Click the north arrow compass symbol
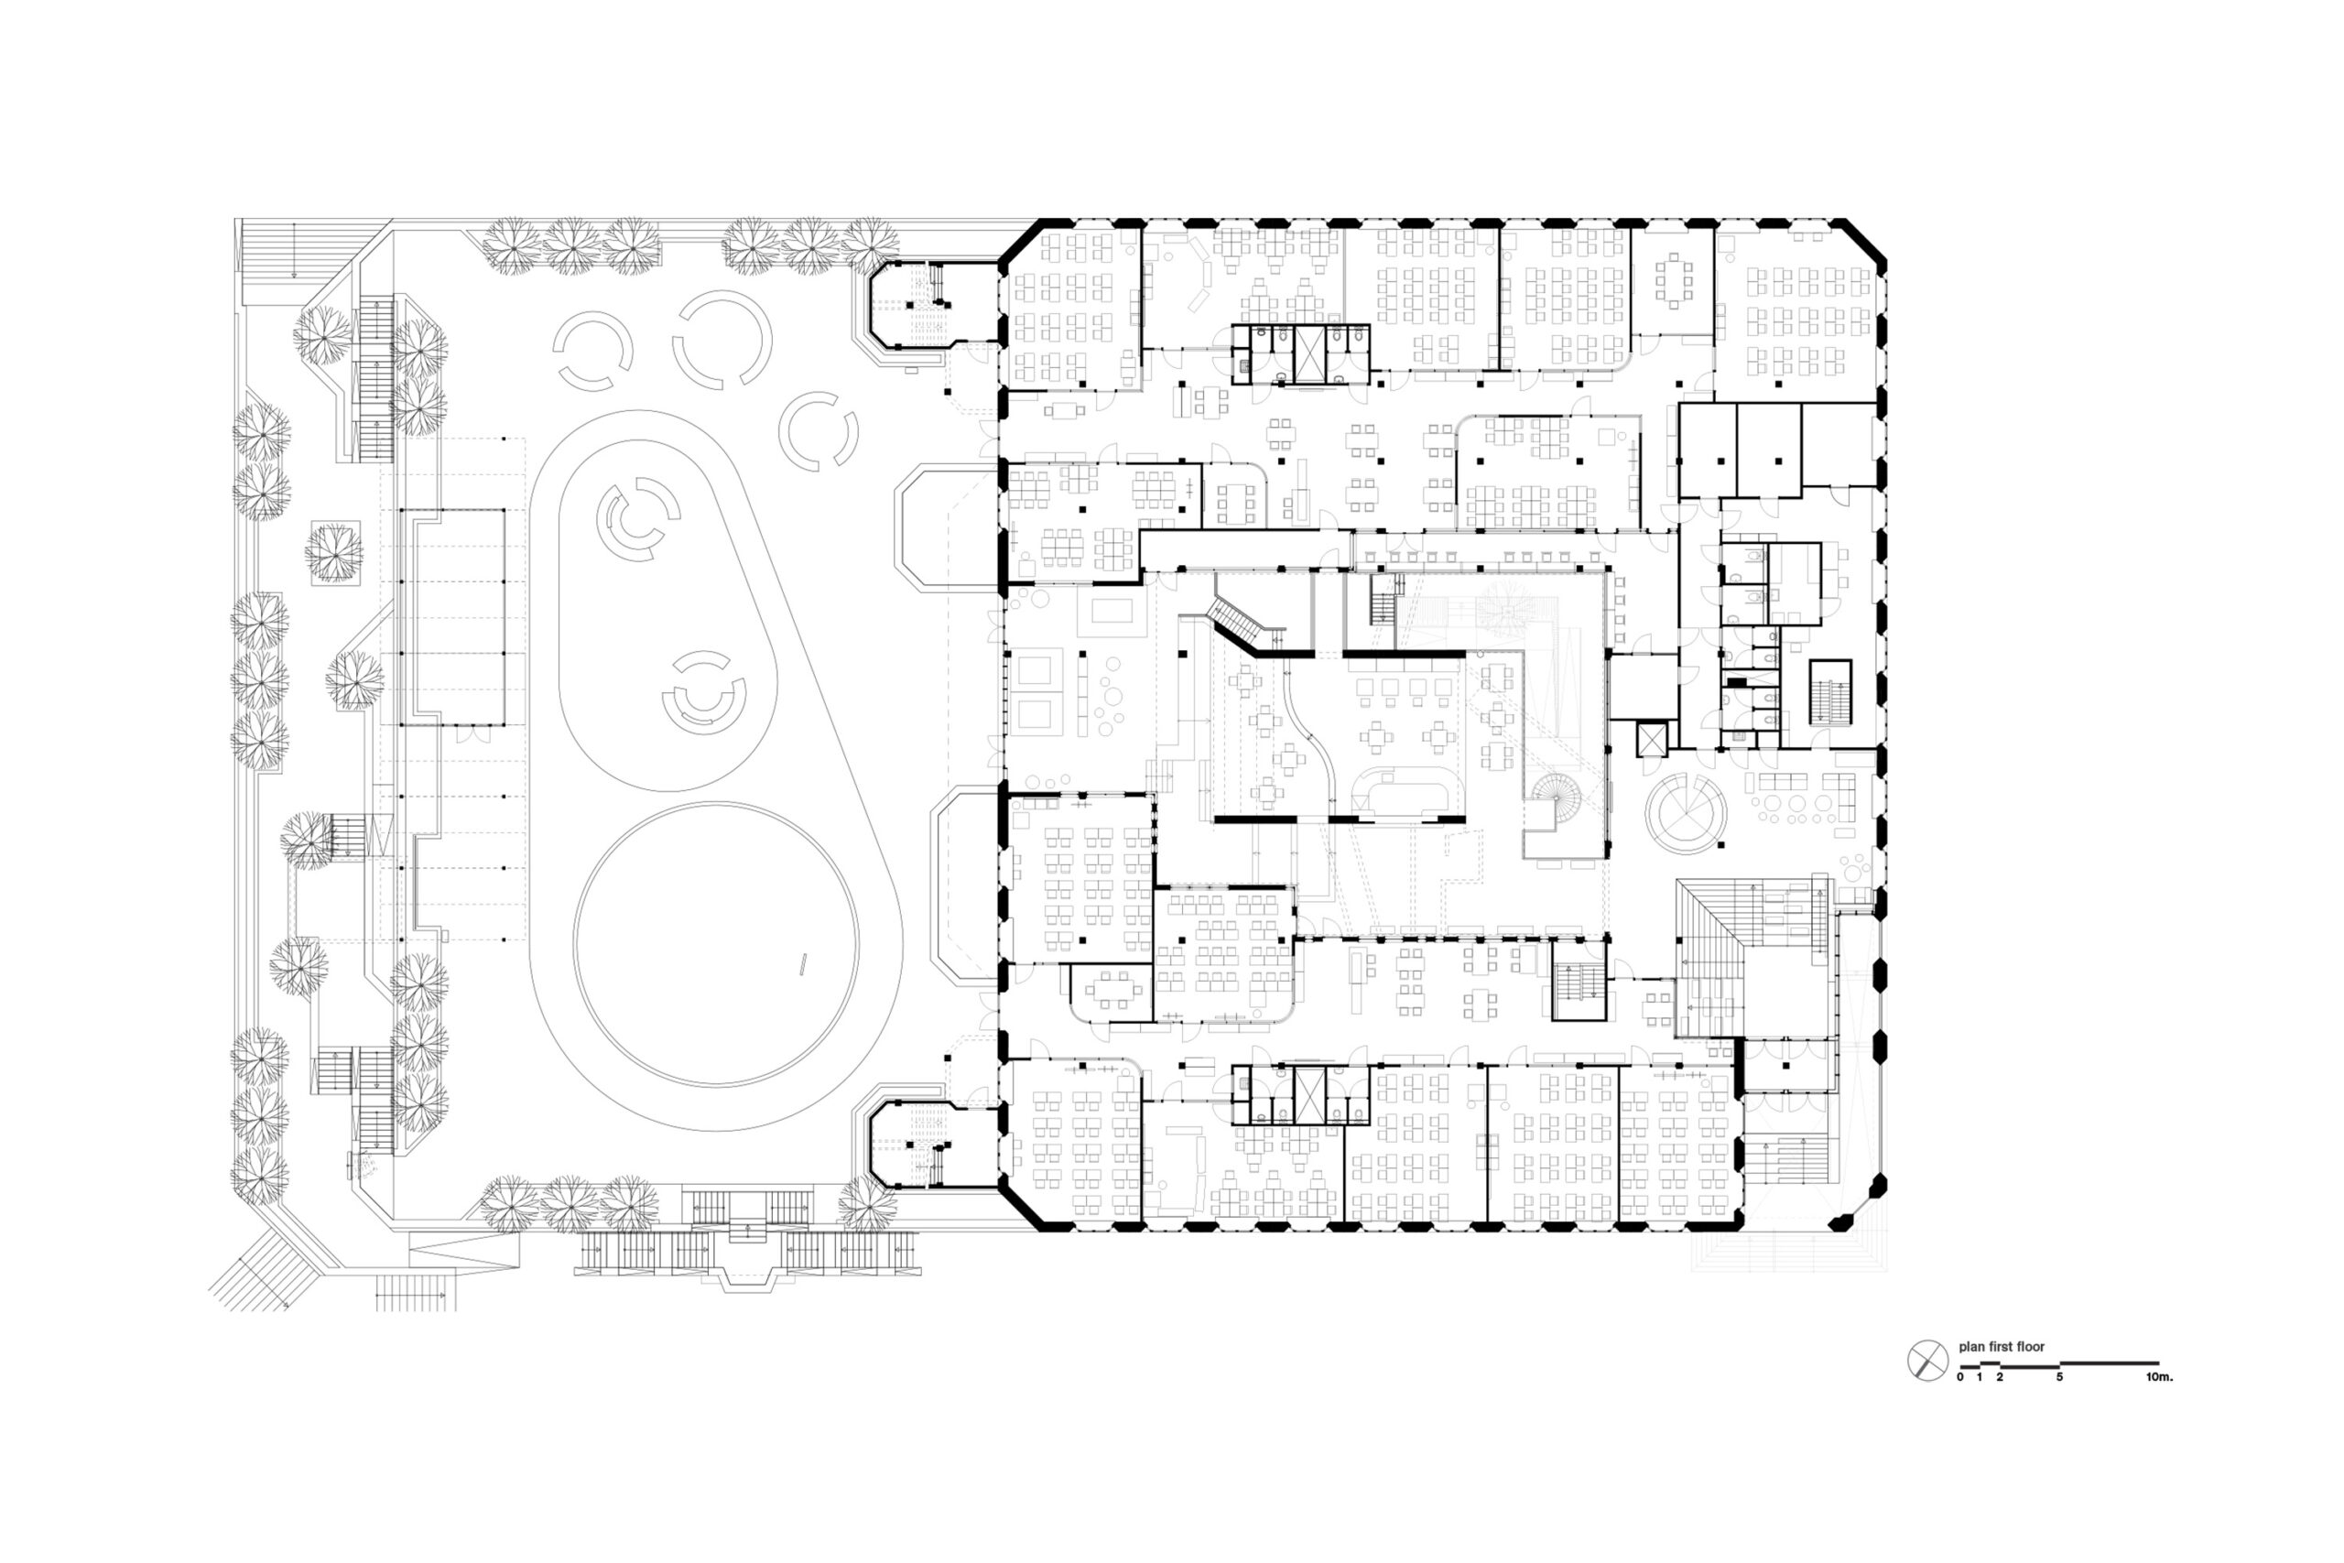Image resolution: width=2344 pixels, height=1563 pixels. (1927, 1361)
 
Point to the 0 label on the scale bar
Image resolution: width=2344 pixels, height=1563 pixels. (1960, 1376)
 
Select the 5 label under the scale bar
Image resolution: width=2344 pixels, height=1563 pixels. (2059, 1376)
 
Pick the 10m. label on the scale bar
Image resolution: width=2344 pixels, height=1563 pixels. (2160, 1376)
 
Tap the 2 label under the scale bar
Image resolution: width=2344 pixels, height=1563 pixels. (1999, 1376)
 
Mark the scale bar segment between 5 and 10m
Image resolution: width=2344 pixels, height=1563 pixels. (2109, 1362)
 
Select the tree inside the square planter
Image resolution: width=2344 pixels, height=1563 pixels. (335, 552)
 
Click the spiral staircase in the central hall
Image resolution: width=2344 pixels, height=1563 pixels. (1555, 801)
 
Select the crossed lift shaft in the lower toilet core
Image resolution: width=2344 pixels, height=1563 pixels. (1308, 1093)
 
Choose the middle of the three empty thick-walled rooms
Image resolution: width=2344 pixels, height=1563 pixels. (1769, 449)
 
